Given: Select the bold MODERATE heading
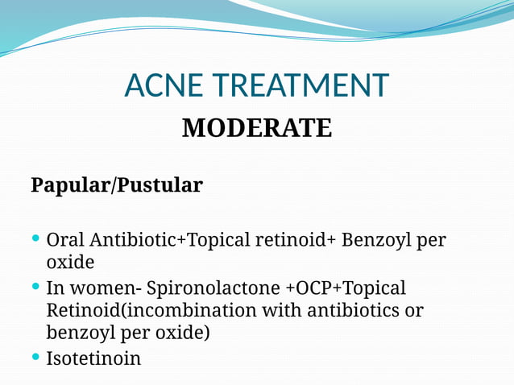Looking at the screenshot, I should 256,128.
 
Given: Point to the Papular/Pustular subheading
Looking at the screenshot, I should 117,185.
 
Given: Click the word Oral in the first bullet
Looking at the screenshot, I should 66,240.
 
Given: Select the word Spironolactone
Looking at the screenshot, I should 211,288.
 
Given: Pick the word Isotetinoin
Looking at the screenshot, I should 93,358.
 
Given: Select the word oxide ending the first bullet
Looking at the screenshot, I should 70,263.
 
